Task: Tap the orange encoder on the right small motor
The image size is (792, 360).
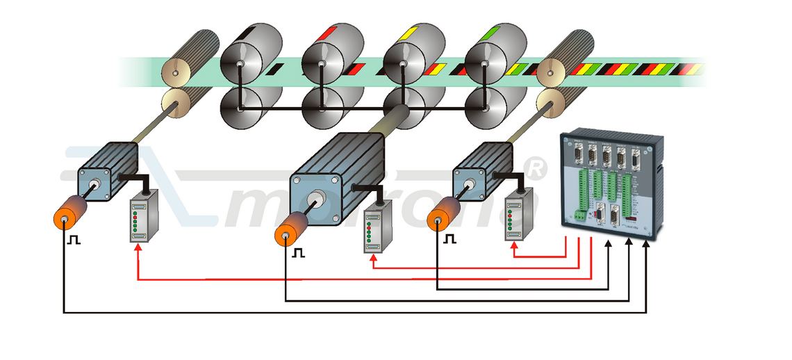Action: pyautogui.click(x=443, y=215)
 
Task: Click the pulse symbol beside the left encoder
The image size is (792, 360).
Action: pyautogui.click(x=74, y=240)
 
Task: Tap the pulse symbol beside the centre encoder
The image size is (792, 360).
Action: pyautogui.click(x=298, y=252)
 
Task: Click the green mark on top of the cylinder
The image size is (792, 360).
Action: pyautogui.click(x=494, y=31)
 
